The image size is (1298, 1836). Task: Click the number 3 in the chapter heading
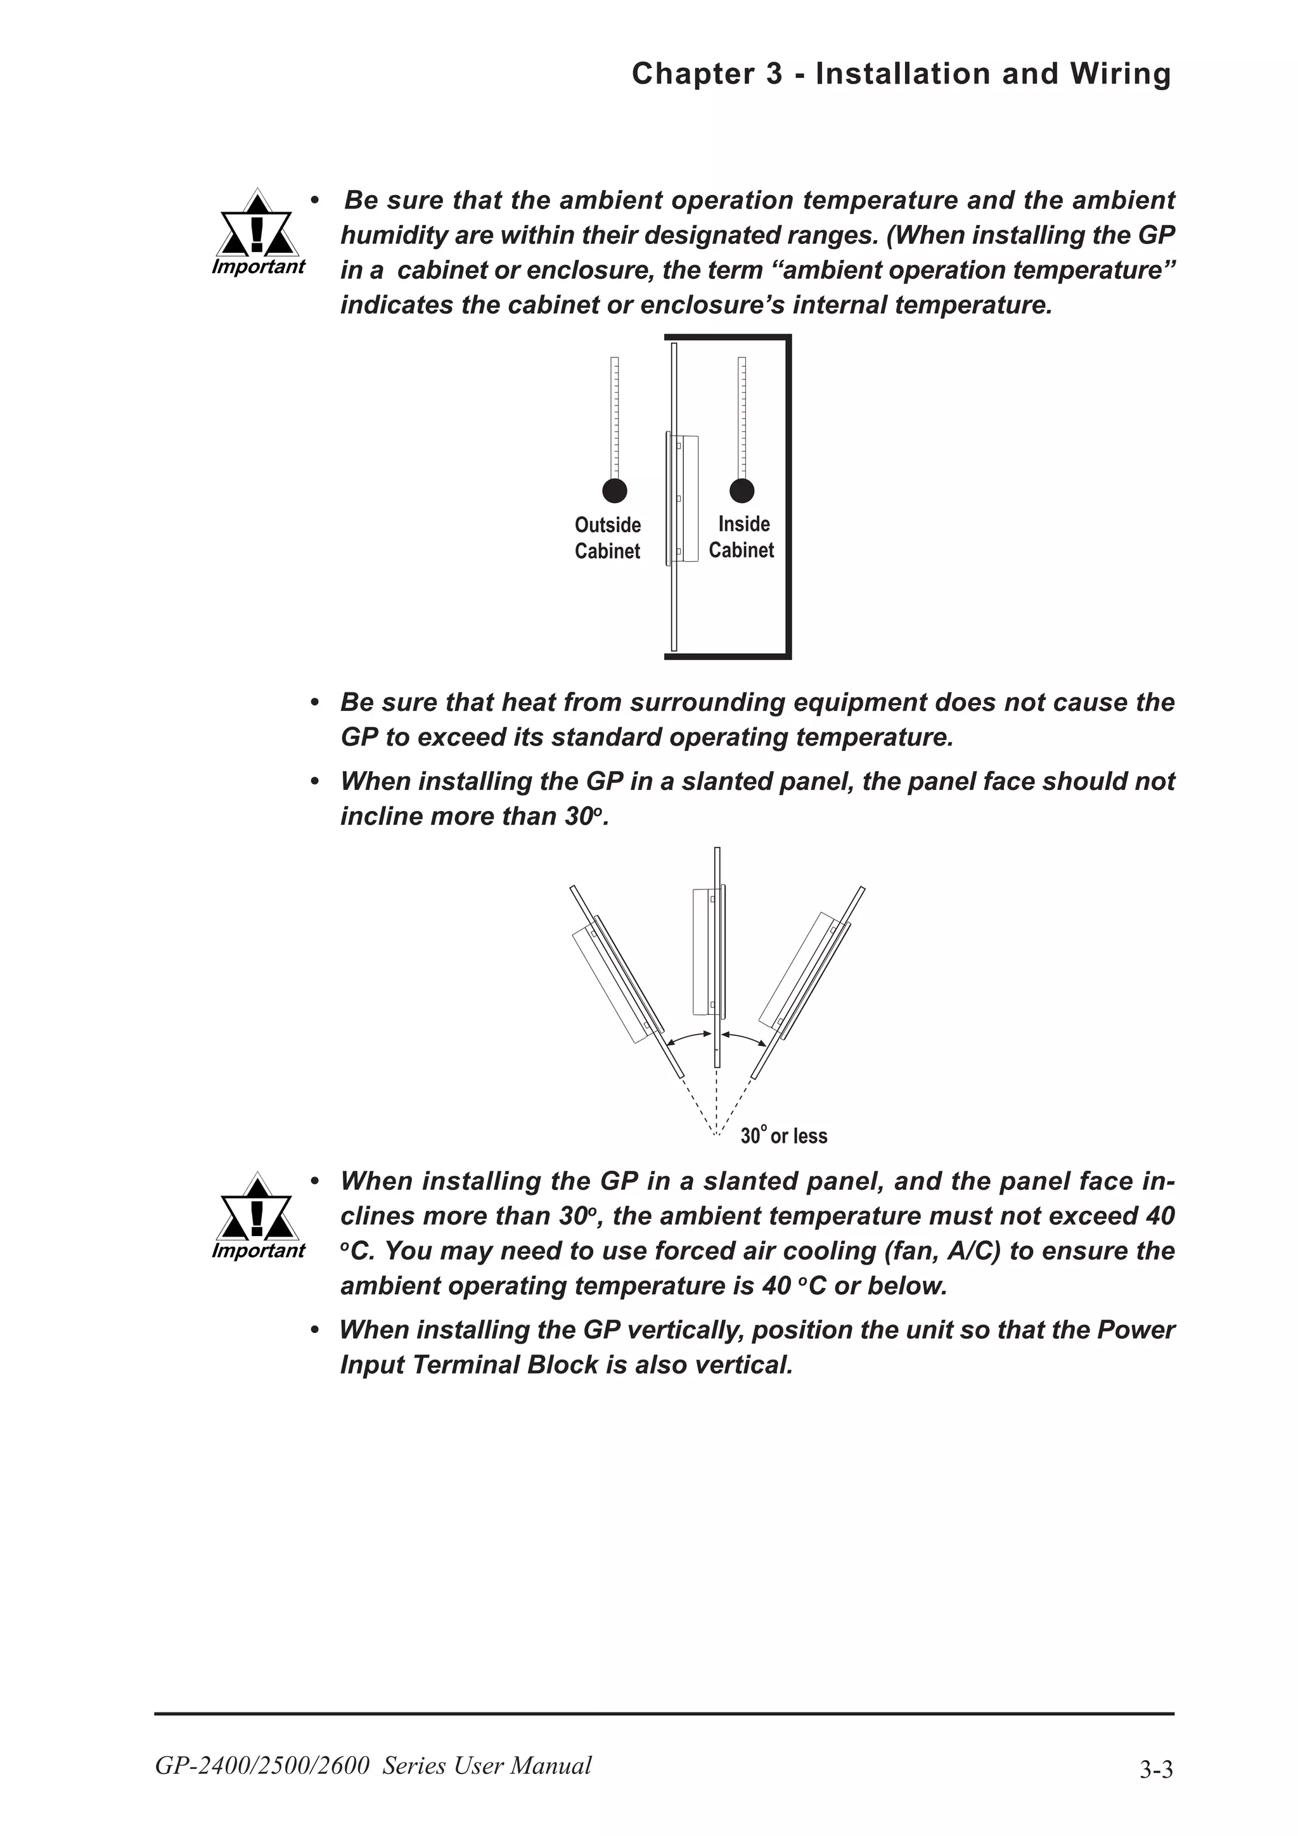(773, 73)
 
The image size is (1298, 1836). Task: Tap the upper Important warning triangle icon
(256, 226)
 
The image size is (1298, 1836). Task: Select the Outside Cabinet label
(608, 537)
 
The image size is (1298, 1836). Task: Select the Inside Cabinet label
(742, 537)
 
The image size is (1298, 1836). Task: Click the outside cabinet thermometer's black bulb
(614, 490)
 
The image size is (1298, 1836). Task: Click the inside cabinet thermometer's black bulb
(742, 490)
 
